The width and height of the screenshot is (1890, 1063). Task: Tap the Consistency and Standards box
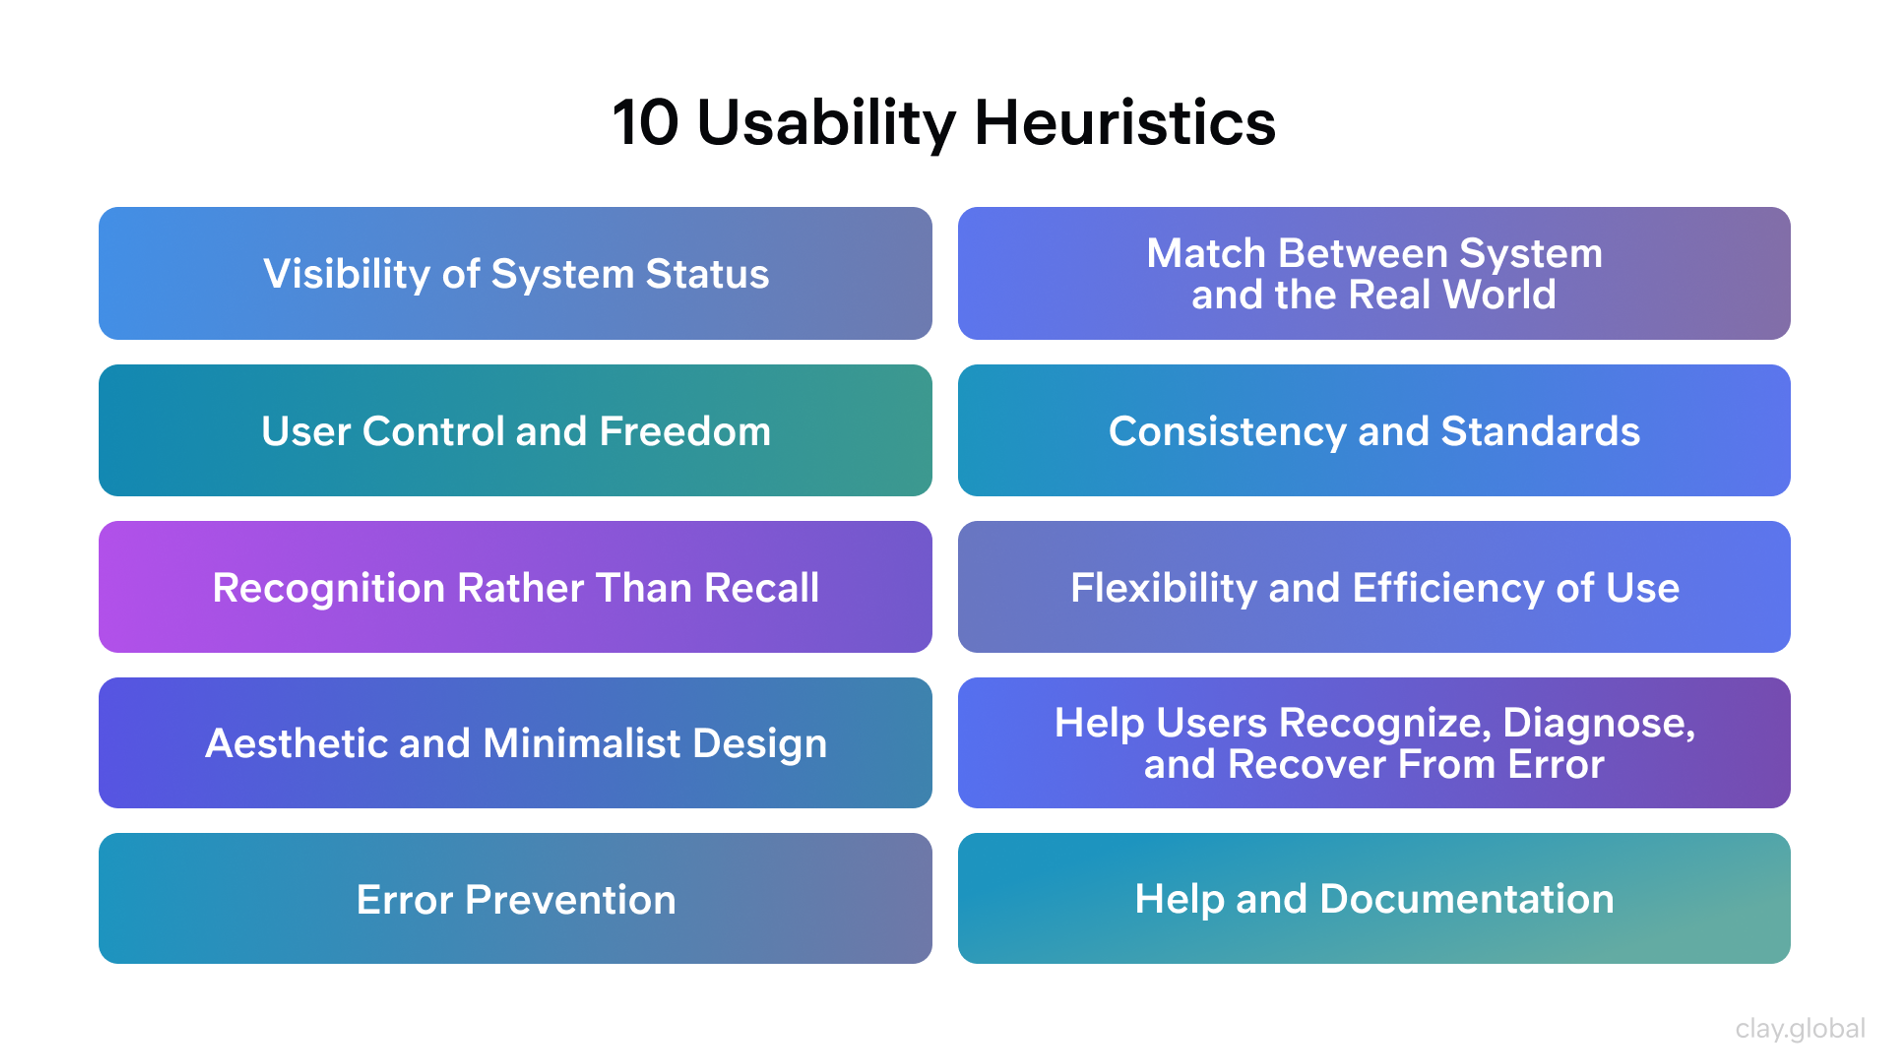coord(1374,431)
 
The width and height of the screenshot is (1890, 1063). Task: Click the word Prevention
coord(570,900)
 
